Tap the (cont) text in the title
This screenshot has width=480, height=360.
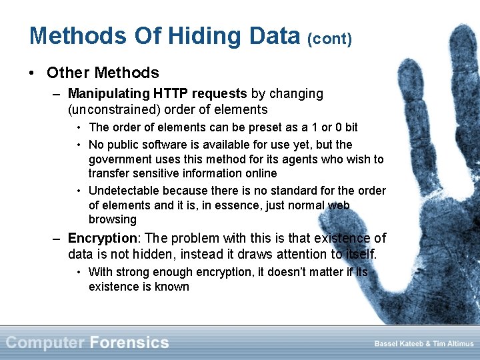click(329, 39)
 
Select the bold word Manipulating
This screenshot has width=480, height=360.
click(110, 94)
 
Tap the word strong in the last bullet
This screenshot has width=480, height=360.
click(131, 272)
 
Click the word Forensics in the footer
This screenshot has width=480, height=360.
click(129, 343)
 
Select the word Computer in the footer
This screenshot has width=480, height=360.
click(45, 343)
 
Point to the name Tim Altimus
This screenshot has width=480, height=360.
click(451, 343)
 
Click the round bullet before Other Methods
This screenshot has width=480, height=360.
click(33, 73)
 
